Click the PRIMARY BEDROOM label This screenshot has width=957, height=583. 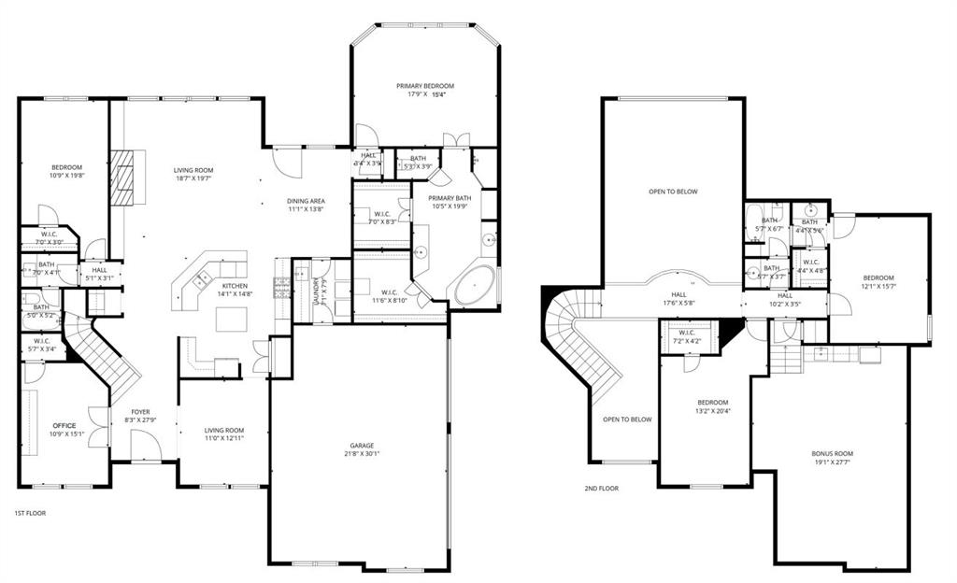coord(423,85)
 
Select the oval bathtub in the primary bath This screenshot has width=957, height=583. coord(477,286)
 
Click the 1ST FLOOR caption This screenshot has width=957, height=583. coord(30,513)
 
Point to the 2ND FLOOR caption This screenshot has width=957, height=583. coord(601,488)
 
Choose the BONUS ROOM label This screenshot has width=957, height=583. coord(832,454)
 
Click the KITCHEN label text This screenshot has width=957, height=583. coord(235,285)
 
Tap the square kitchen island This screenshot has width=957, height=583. coord(230,319)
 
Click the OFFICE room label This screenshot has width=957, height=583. coord(65,425)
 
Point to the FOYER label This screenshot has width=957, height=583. coord(140,411)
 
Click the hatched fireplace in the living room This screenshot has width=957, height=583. coord(122,177)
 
